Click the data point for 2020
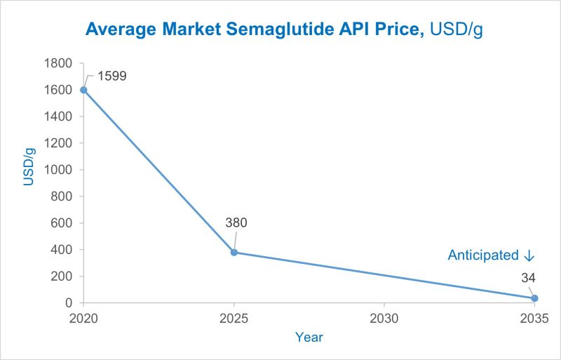coord(84,90)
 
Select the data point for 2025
coord(234,253)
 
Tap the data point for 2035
coord(534,298)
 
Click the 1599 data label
coord(112,76)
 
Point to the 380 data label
coord(236,223)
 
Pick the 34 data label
coord(528,278)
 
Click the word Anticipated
coord(482,255)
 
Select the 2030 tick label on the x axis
coord(384,318)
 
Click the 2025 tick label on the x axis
coord(234,318)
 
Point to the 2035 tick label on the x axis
coord(534,318)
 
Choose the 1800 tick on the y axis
coord(60,63)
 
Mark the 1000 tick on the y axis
coord(60,170)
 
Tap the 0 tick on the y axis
coord(70,303)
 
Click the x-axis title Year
coord(309,338)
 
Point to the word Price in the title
coord(398,29)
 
